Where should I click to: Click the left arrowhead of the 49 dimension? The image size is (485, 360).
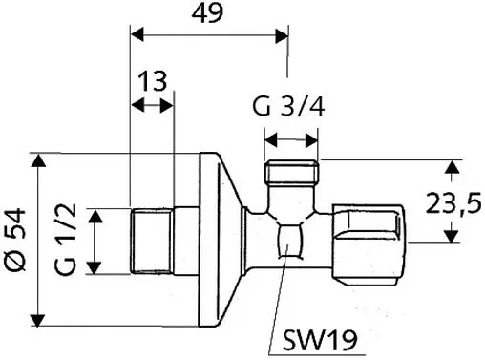coord(137,34)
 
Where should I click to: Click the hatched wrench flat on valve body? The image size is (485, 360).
coord(286,239)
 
